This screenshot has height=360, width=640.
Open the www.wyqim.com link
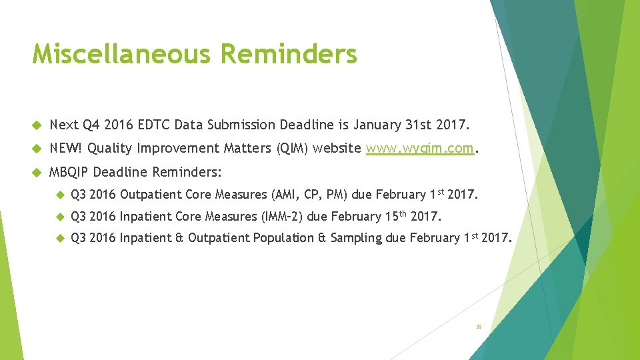pos(420,148)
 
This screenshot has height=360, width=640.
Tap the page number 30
pos(478,327)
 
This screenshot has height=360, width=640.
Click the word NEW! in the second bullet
pos(66,148)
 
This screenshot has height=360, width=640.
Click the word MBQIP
pos(69,171)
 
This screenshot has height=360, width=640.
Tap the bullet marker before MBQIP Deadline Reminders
pos(36,172)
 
